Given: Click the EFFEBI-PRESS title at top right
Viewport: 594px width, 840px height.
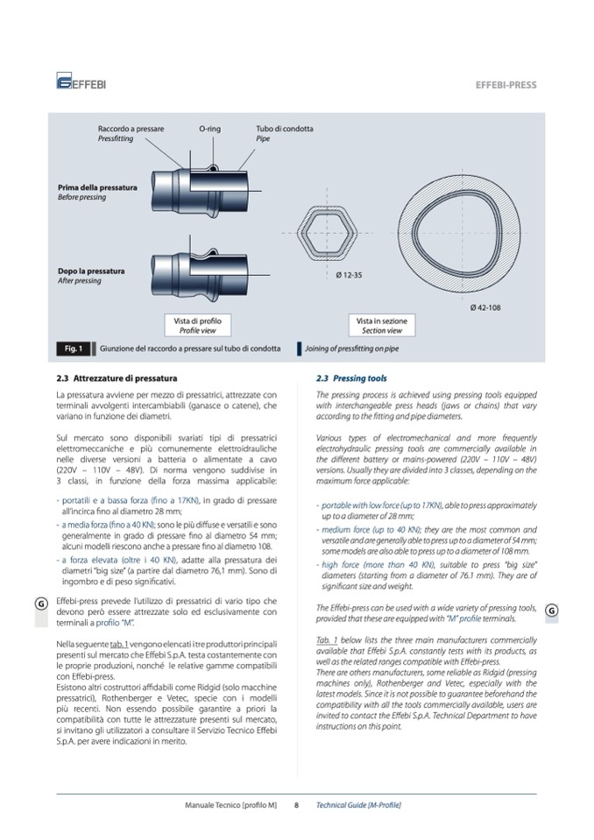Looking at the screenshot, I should pos(506,86).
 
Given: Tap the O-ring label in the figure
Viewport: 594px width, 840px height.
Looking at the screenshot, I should pos(209,129).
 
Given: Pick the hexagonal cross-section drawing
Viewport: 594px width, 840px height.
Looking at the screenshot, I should pos(329,233).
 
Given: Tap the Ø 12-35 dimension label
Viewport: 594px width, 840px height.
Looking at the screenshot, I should pos(350,276).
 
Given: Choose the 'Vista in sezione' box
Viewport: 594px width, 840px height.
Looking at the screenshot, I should pos(382,326).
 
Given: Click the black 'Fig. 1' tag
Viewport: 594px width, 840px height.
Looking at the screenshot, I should pos(74,349).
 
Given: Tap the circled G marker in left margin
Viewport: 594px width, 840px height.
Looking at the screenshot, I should pos(42,604).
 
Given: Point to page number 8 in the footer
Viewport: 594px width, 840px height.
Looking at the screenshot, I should pos(297,804).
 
